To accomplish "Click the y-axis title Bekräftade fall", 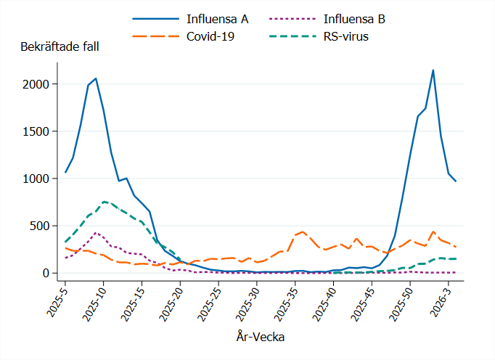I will click(60, 46).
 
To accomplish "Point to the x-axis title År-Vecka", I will click(260, 336).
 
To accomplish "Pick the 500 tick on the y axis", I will click(38, 226).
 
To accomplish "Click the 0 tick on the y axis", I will click(45, 273).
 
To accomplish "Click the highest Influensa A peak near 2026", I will click(433, 70).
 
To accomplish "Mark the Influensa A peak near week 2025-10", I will click(96, 78).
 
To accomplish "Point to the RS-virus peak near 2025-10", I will click(104, 201).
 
